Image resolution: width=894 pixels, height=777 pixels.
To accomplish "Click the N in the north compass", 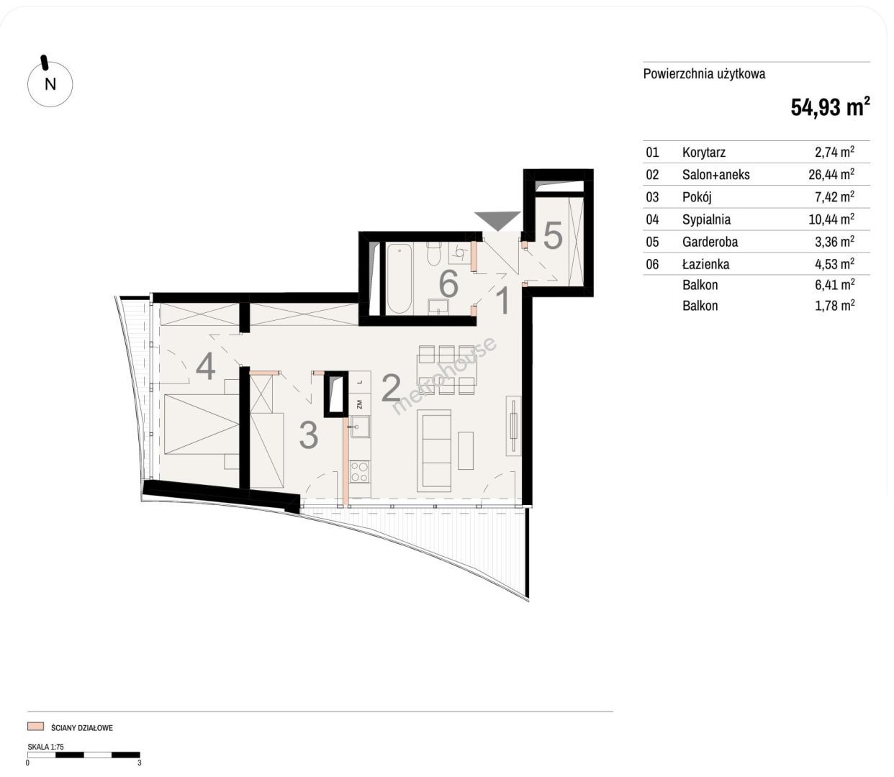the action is [x=50, y=84].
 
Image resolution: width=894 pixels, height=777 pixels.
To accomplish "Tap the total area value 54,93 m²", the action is [x=830, y=106].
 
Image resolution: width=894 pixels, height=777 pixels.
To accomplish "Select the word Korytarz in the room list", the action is [x=703, y=153].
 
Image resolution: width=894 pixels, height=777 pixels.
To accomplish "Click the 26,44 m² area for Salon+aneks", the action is [x=831, y=174].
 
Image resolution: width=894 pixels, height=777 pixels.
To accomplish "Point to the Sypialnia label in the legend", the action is [x=706, y=219].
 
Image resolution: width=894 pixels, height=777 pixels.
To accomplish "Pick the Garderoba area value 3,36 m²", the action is [x=834, y=242].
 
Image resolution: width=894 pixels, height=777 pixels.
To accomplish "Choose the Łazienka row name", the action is [x=705, y=264].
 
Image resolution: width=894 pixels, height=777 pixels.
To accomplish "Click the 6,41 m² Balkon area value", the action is [x=834, y=285].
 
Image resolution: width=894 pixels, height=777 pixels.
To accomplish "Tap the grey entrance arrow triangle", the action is [x=497, y=219].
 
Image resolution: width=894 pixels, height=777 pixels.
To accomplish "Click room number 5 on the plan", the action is [x=552, y=236].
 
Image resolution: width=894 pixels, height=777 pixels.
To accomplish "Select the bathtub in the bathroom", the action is [x=399, y=278].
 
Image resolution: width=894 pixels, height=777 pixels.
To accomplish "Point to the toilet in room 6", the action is [x=434, y=253].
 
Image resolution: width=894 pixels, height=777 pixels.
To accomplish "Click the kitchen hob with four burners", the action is [x=359, y=472].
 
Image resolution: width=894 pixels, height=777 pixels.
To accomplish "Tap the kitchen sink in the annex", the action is [x=359, y=427].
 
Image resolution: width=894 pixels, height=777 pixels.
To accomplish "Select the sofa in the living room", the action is [x=434, y=451].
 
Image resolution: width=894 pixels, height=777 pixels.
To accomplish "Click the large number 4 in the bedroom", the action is [x=205, y=366].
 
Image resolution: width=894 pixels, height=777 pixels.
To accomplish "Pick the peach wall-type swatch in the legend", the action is [x=35, y=726].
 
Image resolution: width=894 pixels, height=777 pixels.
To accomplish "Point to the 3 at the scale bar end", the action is [x=140, y=763].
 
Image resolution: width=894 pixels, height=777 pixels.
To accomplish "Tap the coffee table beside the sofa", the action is [x=466, y=451].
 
